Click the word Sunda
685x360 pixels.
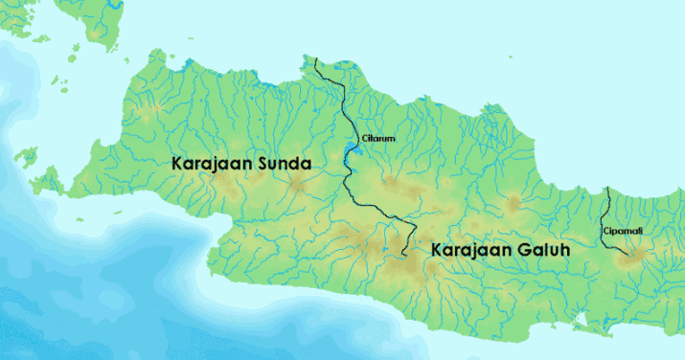coord(281,164)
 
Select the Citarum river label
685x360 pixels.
coord(377,139)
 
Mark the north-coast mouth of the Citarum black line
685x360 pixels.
coord(316,59)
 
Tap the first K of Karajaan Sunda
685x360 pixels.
coord(177,164)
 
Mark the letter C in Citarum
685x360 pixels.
coord(364,139)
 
